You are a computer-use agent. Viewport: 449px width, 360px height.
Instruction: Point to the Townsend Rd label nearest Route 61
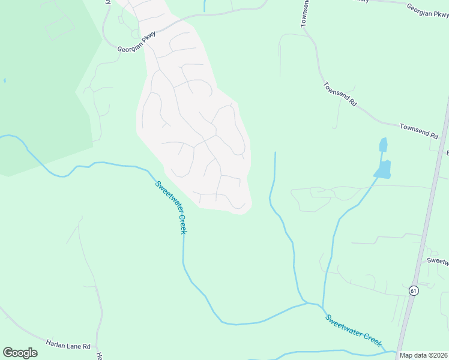[x=419, y=131]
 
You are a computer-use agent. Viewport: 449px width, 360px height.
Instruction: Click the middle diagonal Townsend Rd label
[x=340, y=94]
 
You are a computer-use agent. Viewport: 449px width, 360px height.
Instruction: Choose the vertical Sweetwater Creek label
[x=172, y=207]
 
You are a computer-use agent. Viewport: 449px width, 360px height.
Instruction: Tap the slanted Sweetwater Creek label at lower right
[x=354, y=329]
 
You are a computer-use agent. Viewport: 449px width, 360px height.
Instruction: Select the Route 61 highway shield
[x=414, y=290]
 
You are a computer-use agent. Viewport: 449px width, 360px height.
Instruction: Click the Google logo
[x=20, y=352]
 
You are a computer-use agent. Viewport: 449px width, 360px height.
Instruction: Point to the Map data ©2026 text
[x=424, y=355]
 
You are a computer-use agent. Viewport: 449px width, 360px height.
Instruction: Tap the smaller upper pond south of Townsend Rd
[x=383, y=145]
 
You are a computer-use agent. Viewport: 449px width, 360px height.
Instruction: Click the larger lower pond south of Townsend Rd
[x=383, y=169]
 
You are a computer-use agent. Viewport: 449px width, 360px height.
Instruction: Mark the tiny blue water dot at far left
[x=4, y=80]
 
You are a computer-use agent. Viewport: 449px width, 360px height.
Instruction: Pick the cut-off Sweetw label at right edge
[x=438, y=261]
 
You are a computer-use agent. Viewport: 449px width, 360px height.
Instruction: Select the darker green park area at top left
[x=36, y=90]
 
